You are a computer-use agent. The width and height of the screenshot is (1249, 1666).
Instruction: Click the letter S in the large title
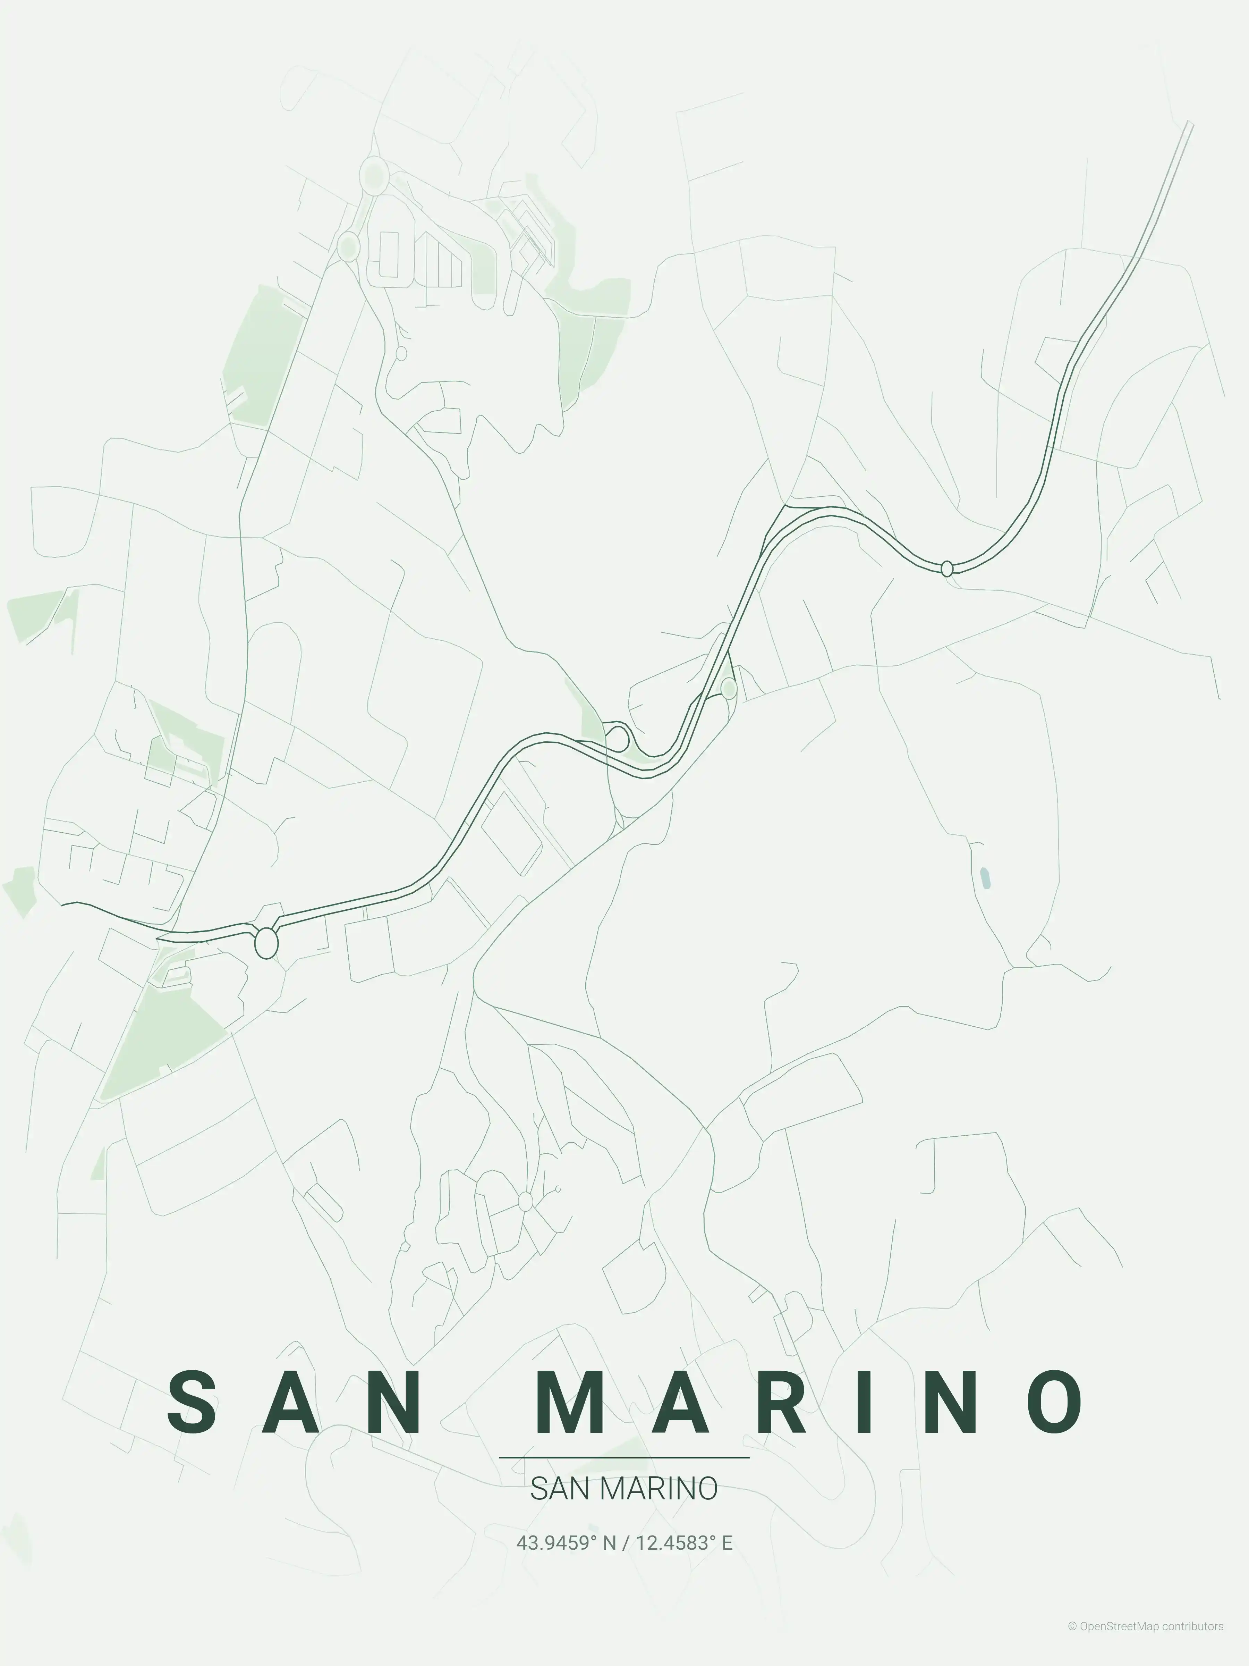(x=194, y=1403)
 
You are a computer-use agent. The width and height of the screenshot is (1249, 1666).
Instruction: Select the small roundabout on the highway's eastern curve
(x=947, y=569)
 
